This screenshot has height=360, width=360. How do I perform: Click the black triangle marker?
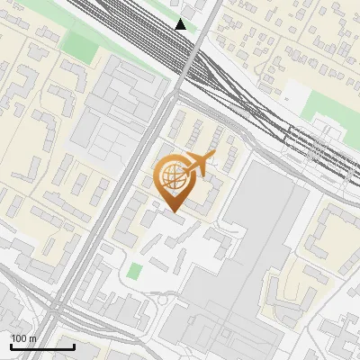coord(181,24)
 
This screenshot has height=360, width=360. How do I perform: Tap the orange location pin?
coord(174,183)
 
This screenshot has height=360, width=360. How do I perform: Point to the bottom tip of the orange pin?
coord(174,211)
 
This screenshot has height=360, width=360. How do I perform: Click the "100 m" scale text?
coord(24,338)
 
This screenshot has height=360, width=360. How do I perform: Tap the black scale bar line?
coord(41,346)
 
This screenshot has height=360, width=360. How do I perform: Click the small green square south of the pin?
coord(135,271)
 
